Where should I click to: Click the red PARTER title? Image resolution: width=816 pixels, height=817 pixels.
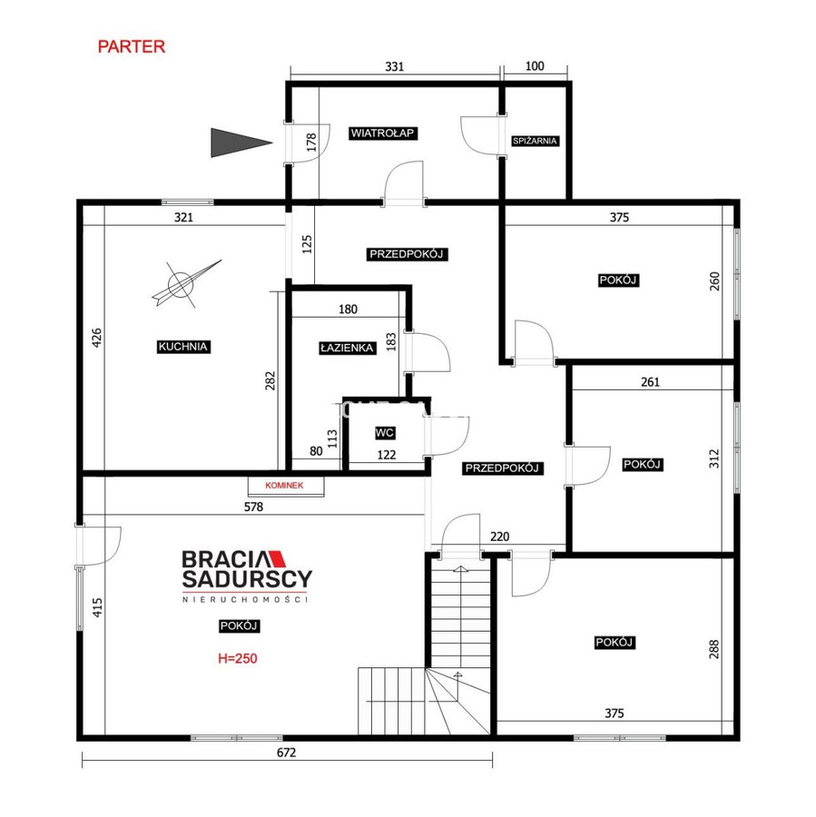132,47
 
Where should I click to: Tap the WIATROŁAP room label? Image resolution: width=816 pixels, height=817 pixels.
383,133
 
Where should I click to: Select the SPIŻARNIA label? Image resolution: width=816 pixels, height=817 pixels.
535,142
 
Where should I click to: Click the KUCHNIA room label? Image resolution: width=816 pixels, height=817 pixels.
183,347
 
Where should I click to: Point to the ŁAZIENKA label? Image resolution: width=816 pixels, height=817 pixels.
347,348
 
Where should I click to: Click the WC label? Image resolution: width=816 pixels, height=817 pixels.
385,433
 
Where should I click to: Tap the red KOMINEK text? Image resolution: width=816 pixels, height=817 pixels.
284,486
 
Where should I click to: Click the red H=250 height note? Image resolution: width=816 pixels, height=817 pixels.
237,659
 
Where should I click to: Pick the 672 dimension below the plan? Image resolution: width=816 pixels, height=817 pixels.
286,753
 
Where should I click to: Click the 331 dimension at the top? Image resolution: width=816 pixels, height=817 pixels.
395,66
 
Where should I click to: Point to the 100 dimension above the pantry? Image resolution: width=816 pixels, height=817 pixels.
535,66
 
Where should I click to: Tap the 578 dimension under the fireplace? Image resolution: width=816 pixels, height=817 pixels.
254,507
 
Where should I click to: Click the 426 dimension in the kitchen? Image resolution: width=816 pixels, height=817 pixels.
97,339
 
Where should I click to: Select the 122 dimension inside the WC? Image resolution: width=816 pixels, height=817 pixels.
387,456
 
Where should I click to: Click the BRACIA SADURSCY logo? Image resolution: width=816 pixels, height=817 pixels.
247,576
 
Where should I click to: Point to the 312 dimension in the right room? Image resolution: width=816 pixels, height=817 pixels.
713,458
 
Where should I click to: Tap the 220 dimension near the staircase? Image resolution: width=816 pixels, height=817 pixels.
500,536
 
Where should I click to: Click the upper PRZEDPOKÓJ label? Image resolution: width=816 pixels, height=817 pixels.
407,255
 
